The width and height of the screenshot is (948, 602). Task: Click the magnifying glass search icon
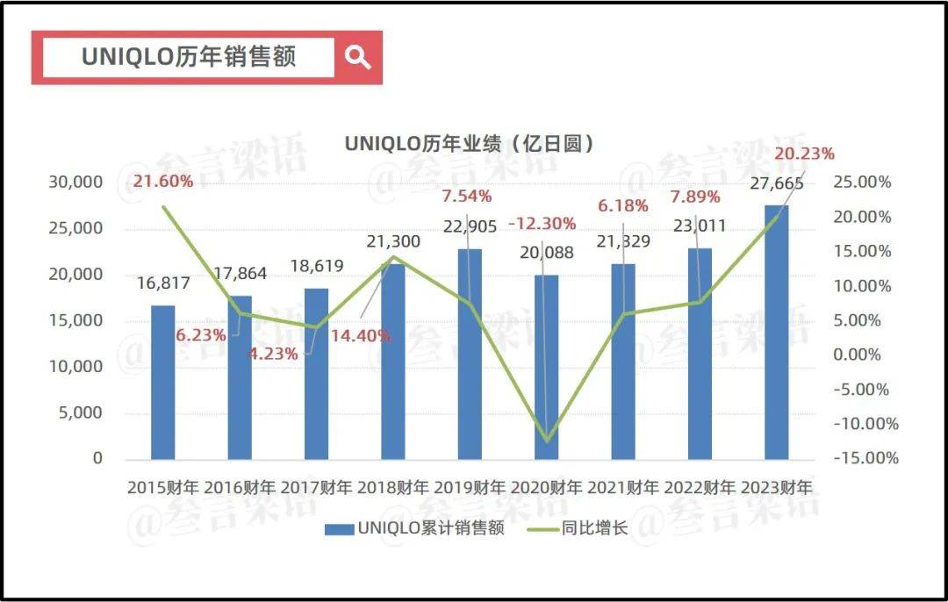click(x=357, y=58)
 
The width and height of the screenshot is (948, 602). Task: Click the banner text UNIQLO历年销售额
click(x=189, y=57)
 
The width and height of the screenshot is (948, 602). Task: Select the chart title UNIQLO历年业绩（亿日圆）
click(x=469, y=143)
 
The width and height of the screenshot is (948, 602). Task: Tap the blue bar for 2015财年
click(x=163, y=382)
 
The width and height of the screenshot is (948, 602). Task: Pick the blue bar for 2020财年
click(x=546, y=367)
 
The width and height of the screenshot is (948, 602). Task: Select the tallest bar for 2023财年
click(x=776, y=332)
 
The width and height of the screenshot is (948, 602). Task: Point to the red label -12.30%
click(x=542, y=223)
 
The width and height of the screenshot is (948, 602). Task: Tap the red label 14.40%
click(x=361, y=335)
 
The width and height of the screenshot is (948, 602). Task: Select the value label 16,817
click(x=163, y=284)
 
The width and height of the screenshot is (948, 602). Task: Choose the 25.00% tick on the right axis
click(x=861, y=183)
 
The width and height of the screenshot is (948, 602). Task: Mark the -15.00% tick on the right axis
click(x=863, y=458)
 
